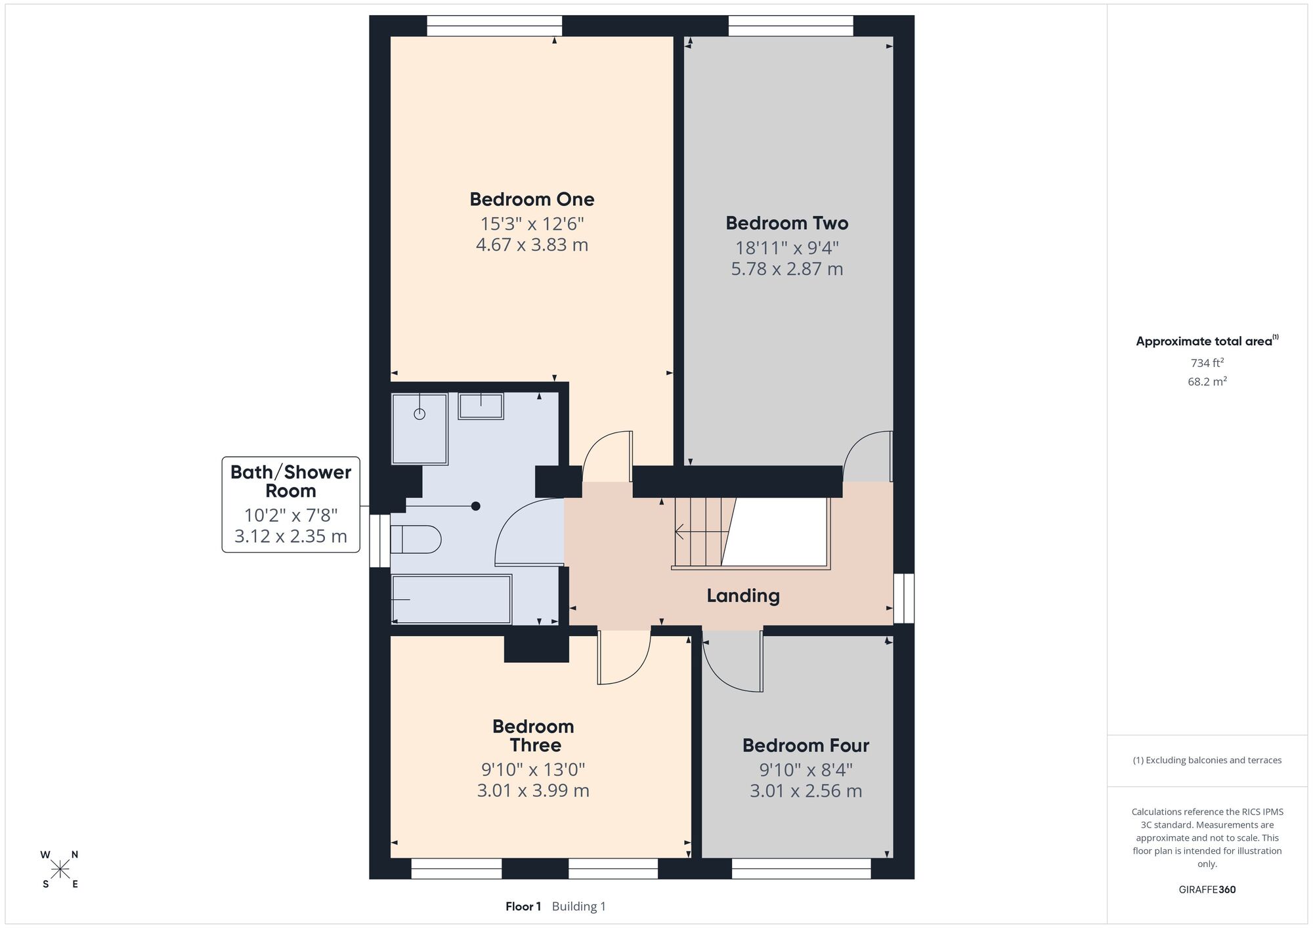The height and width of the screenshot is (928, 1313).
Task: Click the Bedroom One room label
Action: tap(532, 199)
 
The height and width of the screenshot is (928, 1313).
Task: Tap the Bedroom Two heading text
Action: tap(786, 223)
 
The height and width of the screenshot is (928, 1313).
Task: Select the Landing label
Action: tap(743, 596)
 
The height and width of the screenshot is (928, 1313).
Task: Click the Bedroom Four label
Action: tap(806, 746)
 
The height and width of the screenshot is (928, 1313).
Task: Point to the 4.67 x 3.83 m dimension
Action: tap(532, 245)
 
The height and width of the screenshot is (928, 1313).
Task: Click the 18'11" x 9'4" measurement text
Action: tap(786, 248)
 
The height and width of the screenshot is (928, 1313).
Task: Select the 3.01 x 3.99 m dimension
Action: tap(533, 790)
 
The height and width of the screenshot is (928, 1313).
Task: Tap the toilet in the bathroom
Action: tap(416, 539)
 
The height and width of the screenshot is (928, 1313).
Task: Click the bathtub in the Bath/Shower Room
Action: tap(452, 599)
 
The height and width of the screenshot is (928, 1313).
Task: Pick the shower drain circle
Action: tap(420, 413)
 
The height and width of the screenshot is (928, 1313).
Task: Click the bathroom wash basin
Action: tap(481, 406)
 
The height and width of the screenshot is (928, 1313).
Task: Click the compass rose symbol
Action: tap(60, 870)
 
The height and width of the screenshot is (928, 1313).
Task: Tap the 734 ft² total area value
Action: tap(1207, 362)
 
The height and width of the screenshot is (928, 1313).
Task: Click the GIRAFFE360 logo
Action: tap(1207, 890)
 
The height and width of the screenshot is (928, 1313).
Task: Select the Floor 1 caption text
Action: tap(523, 906)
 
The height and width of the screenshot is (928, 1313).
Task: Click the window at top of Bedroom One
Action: tap(494, 26)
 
